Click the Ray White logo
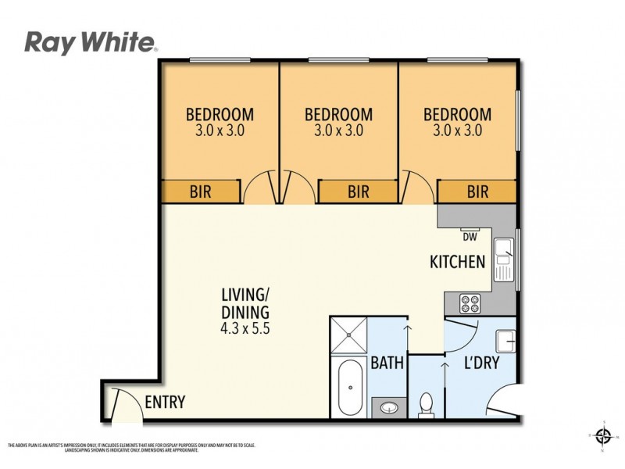click(x=91, y=42)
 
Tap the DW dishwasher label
click(x=470, y=237)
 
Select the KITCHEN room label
click(x=458, y=262)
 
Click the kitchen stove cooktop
click(x=471, y=301)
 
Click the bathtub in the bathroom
click(x=349, y=388)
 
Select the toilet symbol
click(x=427, y=404)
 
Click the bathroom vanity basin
click(x=388, y=406)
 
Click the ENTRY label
click(x=166, y=403)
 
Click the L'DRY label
click(x=481, y=363)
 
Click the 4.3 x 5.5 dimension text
click(x=245, y=328)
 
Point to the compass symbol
click(x=602, y=435)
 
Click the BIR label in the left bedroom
click(x=200, y=191)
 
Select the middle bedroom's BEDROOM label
click(x=338, y=114)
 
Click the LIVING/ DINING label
click(x=245, y=303)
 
